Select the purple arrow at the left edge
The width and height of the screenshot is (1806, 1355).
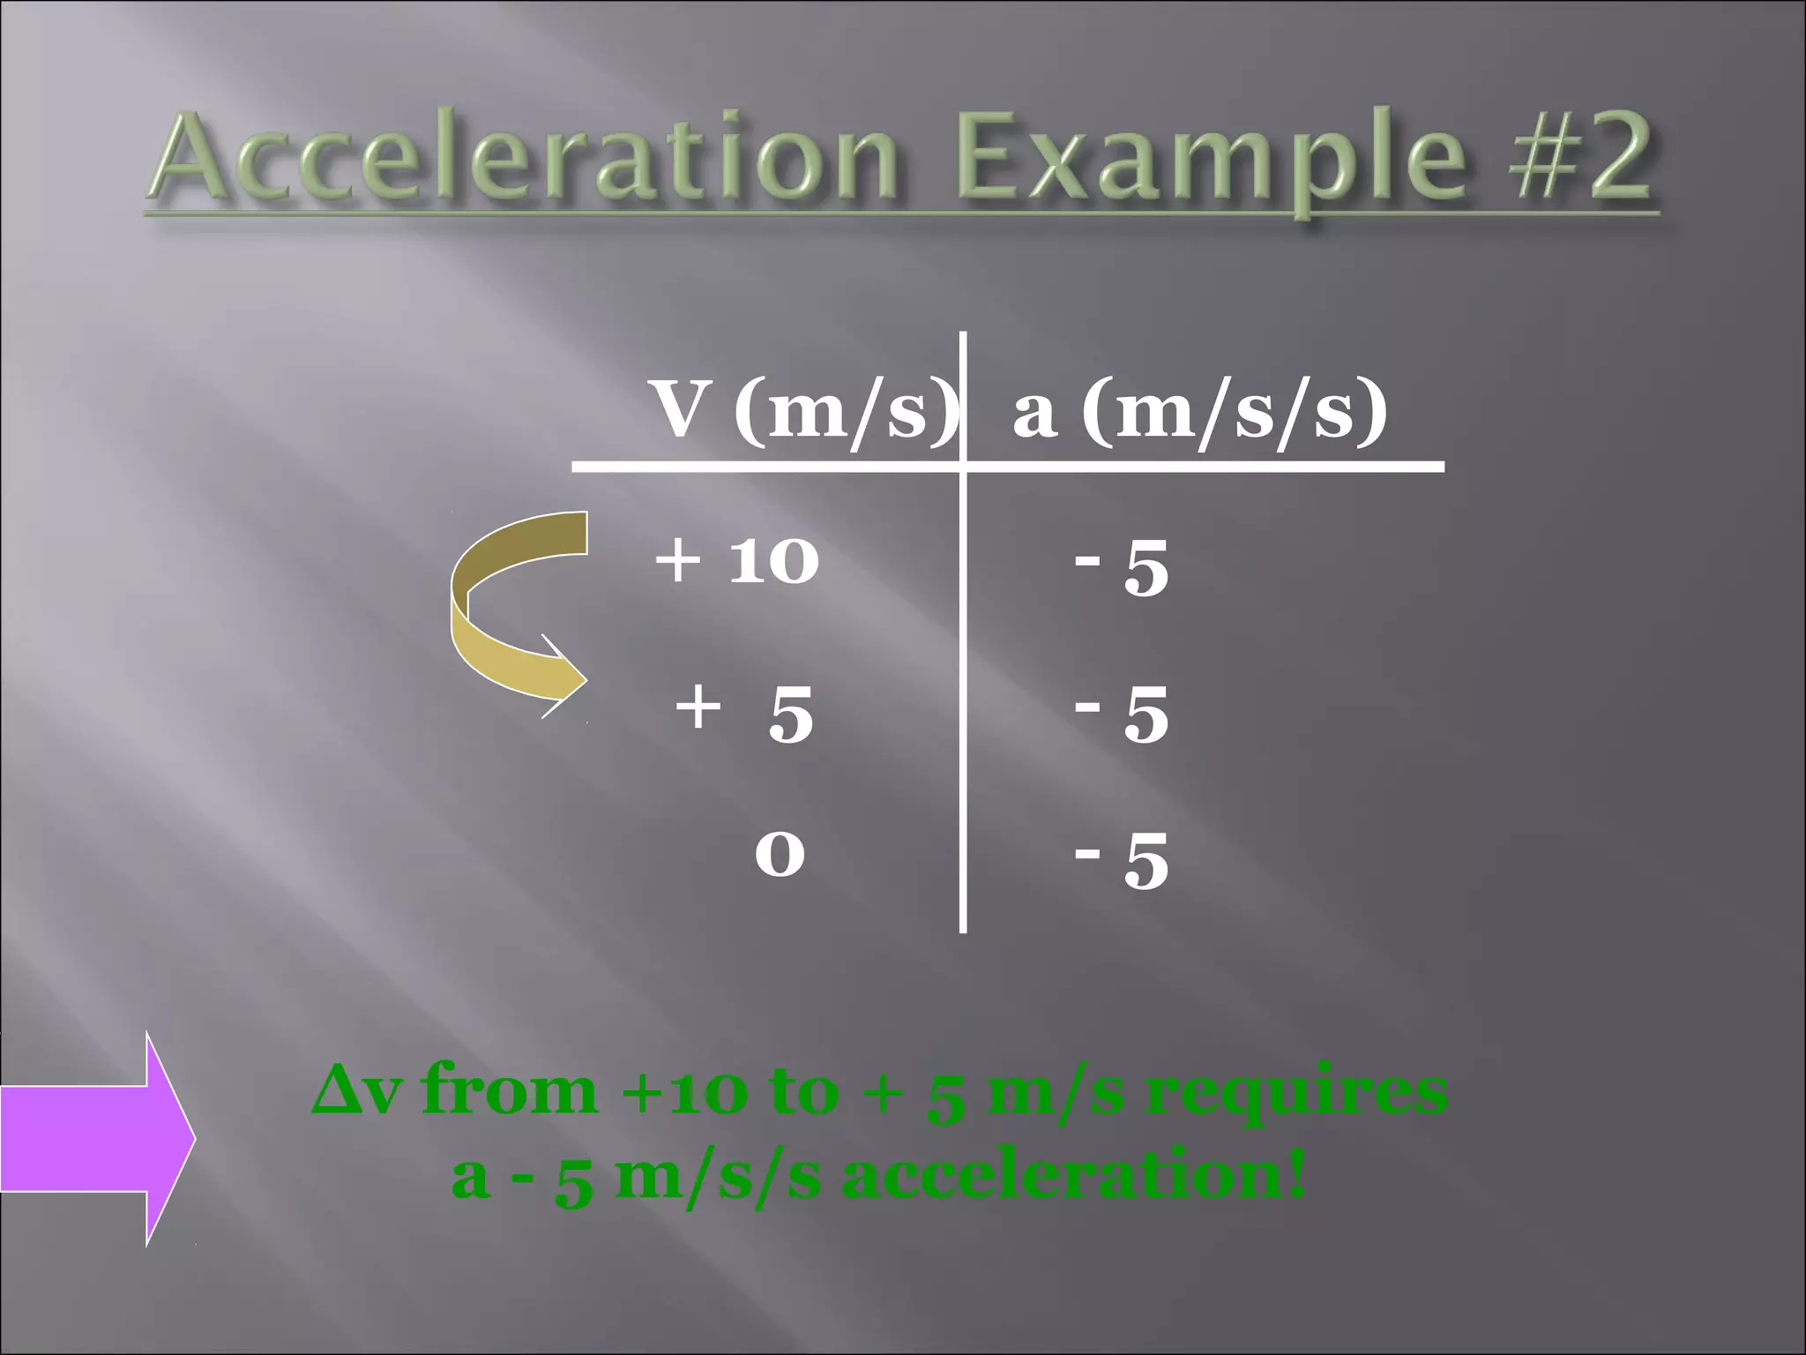[x=97, y=1138]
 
